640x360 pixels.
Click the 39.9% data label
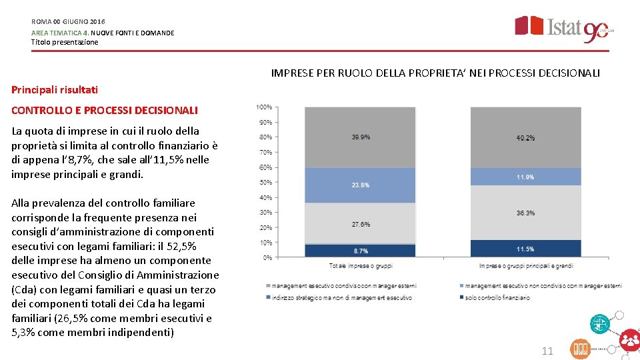tap(361, 137)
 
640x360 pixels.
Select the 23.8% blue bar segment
tap(361, 185)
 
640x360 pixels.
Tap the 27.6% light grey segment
tap(361, 224)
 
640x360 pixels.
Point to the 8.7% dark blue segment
tap(361, 251)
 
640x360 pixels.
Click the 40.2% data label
tap(525, 138)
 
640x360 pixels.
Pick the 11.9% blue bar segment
tap(525, 177)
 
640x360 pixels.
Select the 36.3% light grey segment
tap(525, 213)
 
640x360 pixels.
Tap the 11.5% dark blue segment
tap(525, 249)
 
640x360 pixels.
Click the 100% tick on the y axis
tap(264, 107)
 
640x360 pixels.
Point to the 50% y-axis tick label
tap(265, 182)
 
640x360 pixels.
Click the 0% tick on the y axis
tap(267, 257)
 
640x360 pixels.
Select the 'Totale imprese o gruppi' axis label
tap(361, 266)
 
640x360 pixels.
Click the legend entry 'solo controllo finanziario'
tap(497, 298)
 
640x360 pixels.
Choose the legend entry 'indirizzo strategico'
tap(341, 298)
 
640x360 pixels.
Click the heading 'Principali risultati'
tap(55, 89)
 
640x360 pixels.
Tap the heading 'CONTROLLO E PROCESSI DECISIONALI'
tap(105, 110)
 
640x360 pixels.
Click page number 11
tap(547, 351)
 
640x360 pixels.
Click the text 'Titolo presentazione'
tap(65, 42)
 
